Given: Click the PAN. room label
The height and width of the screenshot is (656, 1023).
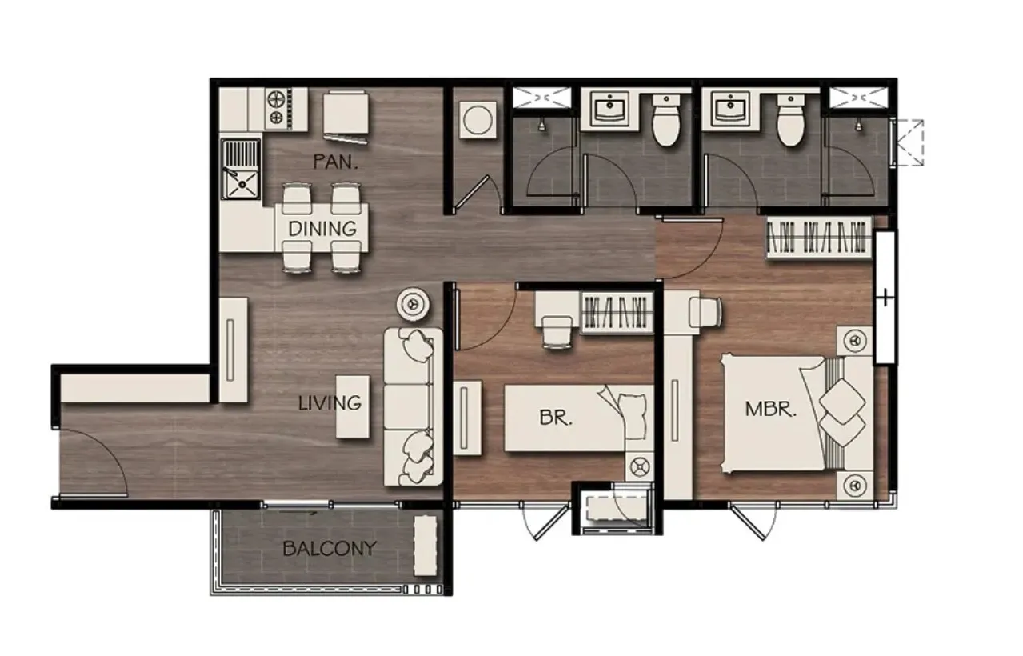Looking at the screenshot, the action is [x=335, y=162].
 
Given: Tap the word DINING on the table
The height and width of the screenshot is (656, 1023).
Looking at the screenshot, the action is [x=322, y=229].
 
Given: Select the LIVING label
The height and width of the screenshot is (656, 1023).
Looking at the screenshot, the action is [x=330, y=403].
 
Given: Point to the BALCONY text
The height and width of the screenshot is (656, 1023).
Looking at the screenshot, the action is [x=330, y=548].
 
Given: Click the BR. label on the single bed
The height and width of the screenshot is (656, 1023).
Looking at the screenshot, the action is [x=556, y=418].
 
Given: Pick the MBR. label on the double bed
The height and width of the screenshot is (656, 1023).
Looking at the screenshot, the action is [x=771, y=409].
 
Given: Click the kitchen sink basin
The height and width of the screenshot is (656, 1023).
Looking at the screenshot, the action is [x=241, y=184].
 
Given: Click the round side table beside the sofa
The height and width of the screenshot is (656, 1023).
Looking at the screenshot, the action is [x=414, y=303].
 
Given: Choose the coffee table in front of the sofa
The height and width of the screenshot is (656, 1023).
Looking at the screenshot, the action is [x=353, y=406].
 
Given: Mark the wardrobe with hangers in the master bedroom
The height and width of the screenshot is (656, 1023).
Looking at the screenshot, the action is [x=819, y=238].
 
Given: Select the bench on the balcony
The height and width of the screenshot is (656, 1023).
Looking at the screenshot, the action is [x=426, y=546].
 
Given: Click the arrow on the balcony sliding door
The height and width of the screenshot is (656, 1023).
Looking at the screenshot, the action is [x=298, y=513].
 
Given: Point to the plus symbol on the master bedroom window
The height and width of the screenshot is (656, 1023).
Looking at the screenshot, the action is [x=885, y=298].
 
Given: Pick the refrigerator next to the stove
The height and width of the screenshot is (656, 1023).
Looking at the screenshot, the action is [x=346, y=112].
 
